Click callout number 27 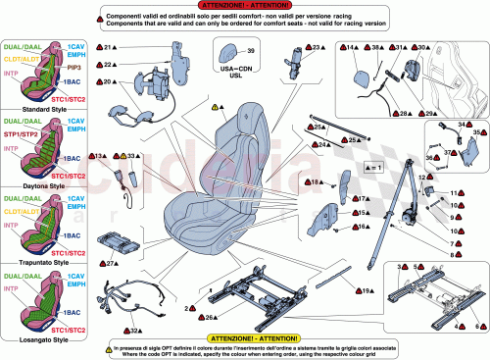(111, 264)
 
